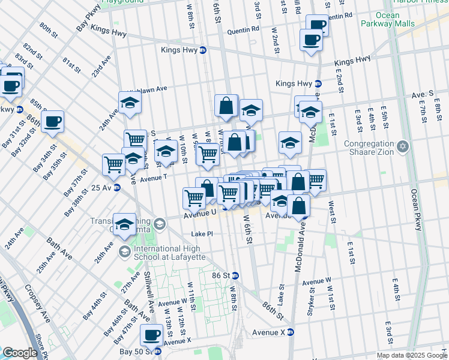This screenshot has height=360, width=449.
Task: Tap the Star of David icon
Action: point(403,146)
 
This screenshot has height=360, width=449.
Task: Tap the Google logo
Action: point(19,353)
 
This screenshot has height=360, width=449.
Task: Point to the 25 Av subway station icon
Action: point(117,188)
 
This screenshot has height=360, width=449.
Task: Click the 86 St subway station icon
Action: point(235,276)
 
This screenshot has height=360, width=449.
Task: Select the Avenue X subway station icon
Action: point(291,332)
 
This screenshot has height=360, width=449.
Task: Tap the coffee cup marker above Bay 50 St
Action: point(151,336)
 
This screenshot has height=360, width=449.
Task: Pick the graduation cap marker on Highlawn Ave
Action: point(130,103)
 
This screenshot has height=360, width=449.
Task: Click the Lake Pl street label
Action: point(202,234)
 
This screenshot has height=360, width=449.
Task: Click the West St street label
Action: point(331,214)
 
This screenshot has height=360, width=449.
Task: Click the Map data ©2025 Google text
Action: point(411,355)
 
